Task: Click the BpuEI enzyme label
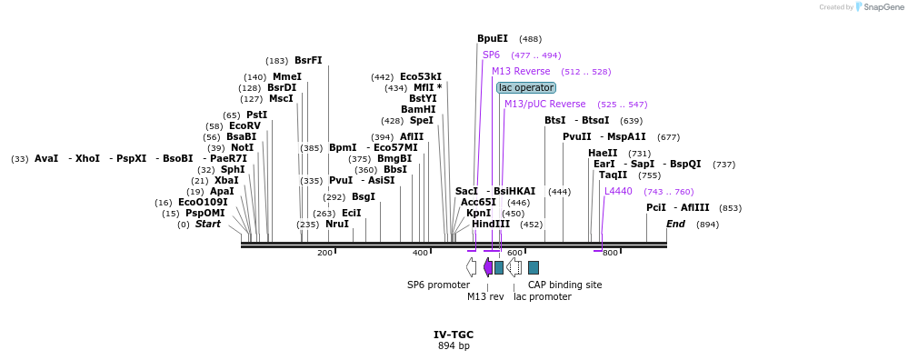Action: click(493, 39)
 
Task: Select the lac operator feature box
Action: click(526, 87)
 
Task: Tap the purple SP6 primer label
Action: click(491, 55)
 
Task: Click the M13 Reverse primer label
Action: click(521, 71)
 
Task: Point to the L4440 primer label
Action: click(618, 191)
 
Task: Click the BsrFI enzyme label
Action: click(308, 60)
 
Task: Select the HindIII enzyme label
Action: click(491, 224)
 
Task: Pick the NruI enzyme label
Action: click(336, 224)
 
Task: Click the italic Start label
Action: click(207, 224)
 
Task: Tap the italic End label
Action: click(675, 224)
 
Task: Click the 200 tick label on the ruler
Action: click(324, 253)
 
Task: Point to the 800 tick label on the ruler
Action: click(610, 253)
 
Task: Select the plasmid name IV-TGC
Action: click(454, 335)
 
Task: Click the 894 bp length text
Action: click(454, 346)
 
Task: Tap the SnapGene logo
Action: click(878, 7)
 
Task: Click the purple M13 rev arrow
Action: click(488, 266)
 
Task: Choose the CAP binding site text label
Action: click(564, 285)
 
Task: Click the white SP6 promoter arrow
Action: click(471, 266)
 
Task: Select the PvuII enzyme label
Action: click(577, 136)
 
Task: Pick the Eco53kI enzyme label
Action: click(420, 76)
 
